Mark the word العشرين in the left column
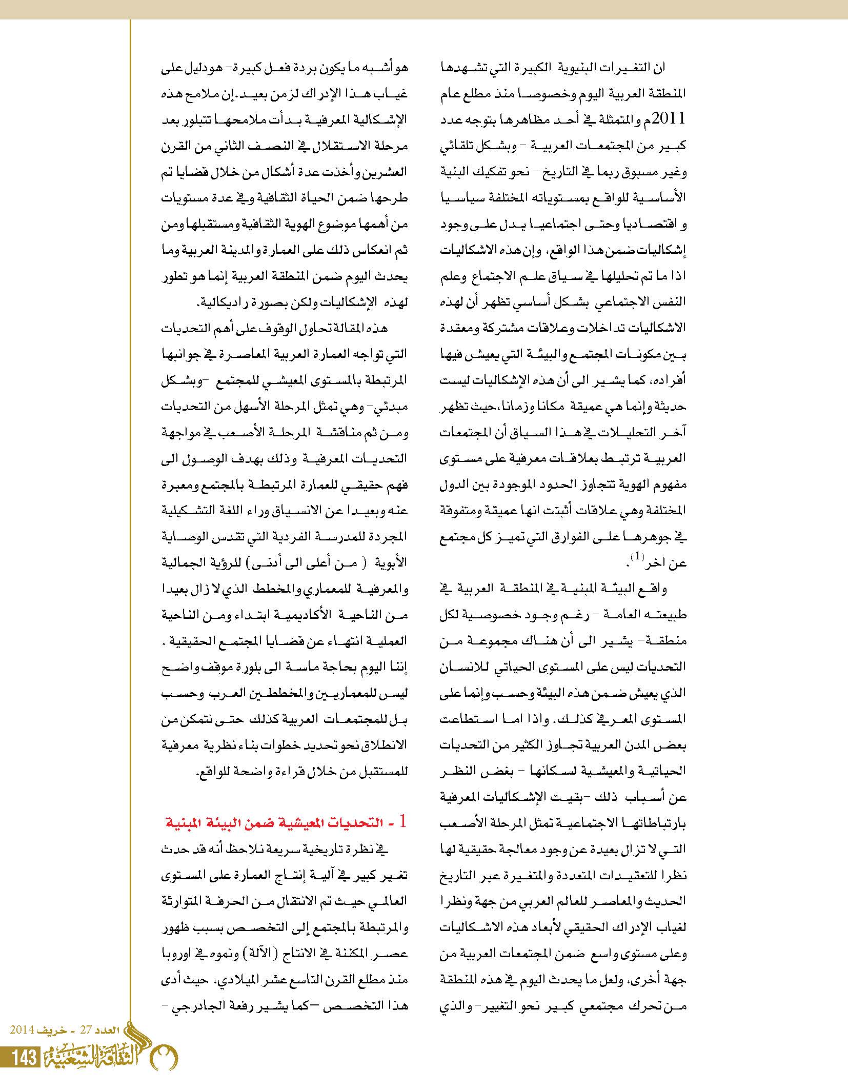click(x=389, y=172)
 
